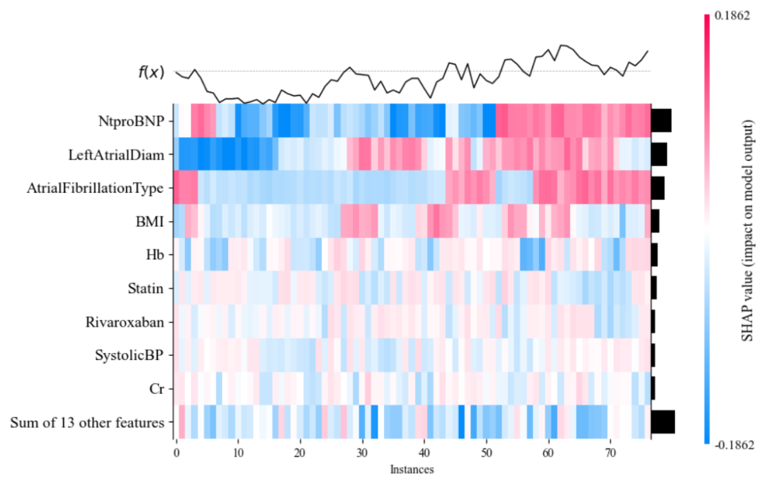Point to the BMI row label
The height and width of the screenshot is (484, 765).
coord(149,222)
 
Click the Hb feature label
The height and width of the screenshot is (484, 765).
coord(154,255)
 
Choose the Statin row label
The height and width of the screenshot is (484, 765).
coord(147,288)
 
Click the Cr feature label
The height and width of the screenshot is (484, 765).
coord(157,389)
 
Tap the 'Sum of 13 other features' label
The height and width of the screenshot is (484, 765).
coord(87,423)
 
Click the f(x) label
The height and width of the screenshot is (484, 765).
coord(151,72)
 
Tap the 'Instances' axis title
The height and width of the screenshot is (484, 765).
coord(412,469)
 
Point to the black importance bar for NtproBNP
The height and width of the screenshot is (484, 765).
coord(661,120)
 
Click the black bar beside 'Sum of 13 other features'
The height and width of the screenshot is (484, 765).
coord(662,422)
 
